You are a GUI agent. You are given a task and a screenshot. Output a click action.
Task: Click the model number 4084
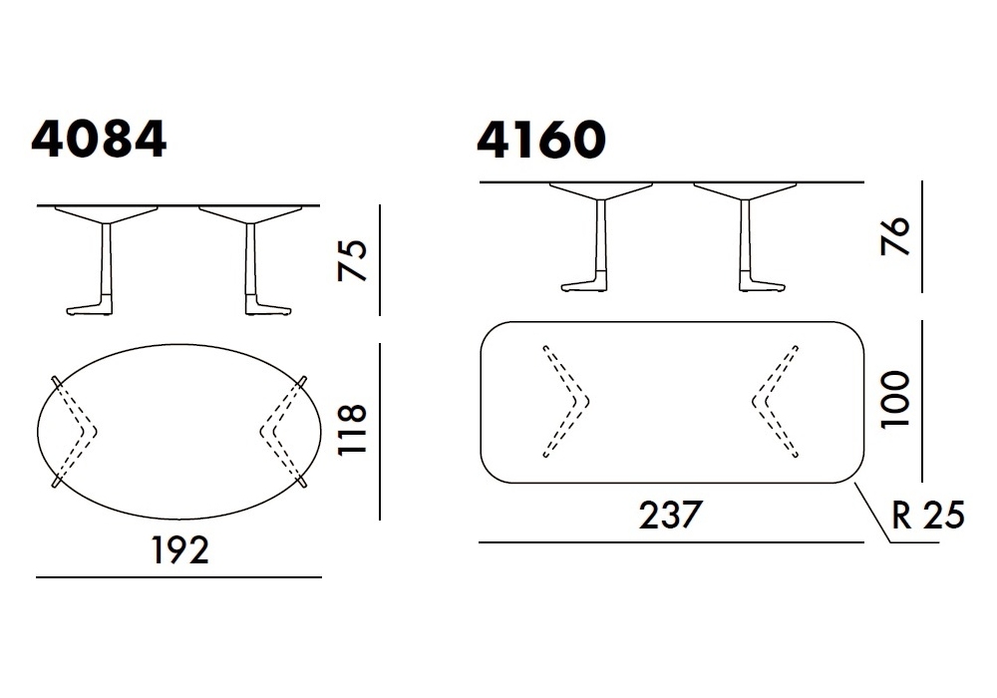pyautogui.click(x=99, y=140)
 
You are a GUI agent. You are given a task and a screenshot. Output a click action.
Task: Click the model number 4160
pyautogui.click(x=541, y=140)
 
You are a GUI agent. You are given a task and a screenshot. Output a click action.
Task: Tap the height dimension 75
pyautogui.click(x=353, y=260)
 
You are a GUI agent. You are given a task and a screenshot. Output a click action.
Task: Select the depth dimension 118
pyautogui.click(x=353, y=429)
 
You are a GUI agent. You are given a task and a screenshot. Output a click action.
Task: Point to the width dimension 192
pyautogui.click(x=179, y=549)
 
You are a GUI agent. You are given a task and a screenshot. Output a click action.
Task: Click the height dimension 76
pyautogui.click(x=895, y=236)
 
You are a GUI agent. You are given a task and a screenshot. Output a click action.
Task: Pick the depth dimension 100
pyautogui.click(x=895, y=400)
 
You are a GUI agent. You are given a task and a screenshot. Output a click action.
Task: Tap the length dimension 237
pyautogui.click(x=670, y=515)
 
